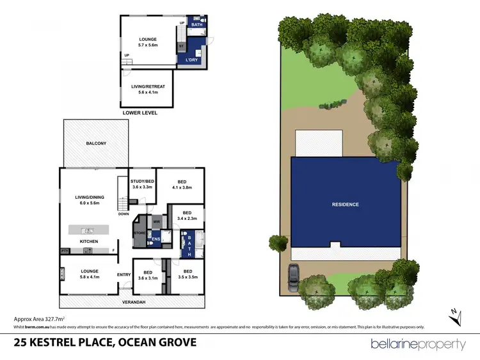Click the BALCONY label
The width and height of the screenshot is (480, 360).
[96, 143]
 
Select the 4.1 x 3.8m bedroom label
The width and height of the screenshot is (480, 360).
[181, 184]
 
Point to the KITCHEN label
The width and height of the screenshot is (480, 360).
[88, 241]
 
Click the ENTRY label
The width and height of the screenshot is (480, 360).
[124, 275]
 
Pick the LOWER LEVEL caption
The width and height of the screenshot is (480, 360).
[140, 113]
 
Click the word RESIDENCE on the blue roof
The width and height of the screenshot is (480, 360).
[345, 205]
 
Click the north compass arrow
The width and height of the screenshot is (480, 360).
[454, 313]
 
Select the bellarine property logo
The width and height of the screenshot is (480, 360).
[418, 344]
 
